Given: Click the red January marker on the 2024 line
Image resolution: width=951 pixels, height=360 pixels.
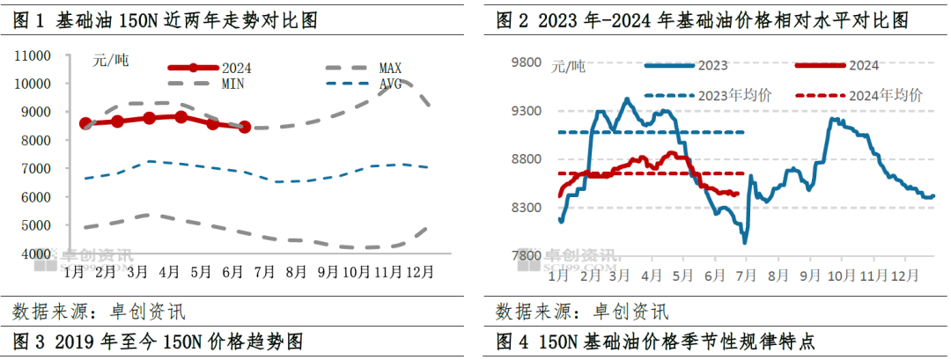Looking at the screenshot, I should tap(85, 123).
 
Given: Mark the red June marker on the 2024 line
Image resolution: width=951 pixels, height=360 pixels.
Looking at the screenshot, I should tap(245, 127).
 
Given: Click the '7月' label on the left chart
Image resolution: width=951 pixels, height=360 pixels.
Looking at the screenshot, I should tap(263, 273).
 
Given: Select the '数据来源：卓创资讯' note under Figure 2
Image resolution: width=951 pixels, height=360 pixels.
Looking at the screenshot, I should tap(581, 311).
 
